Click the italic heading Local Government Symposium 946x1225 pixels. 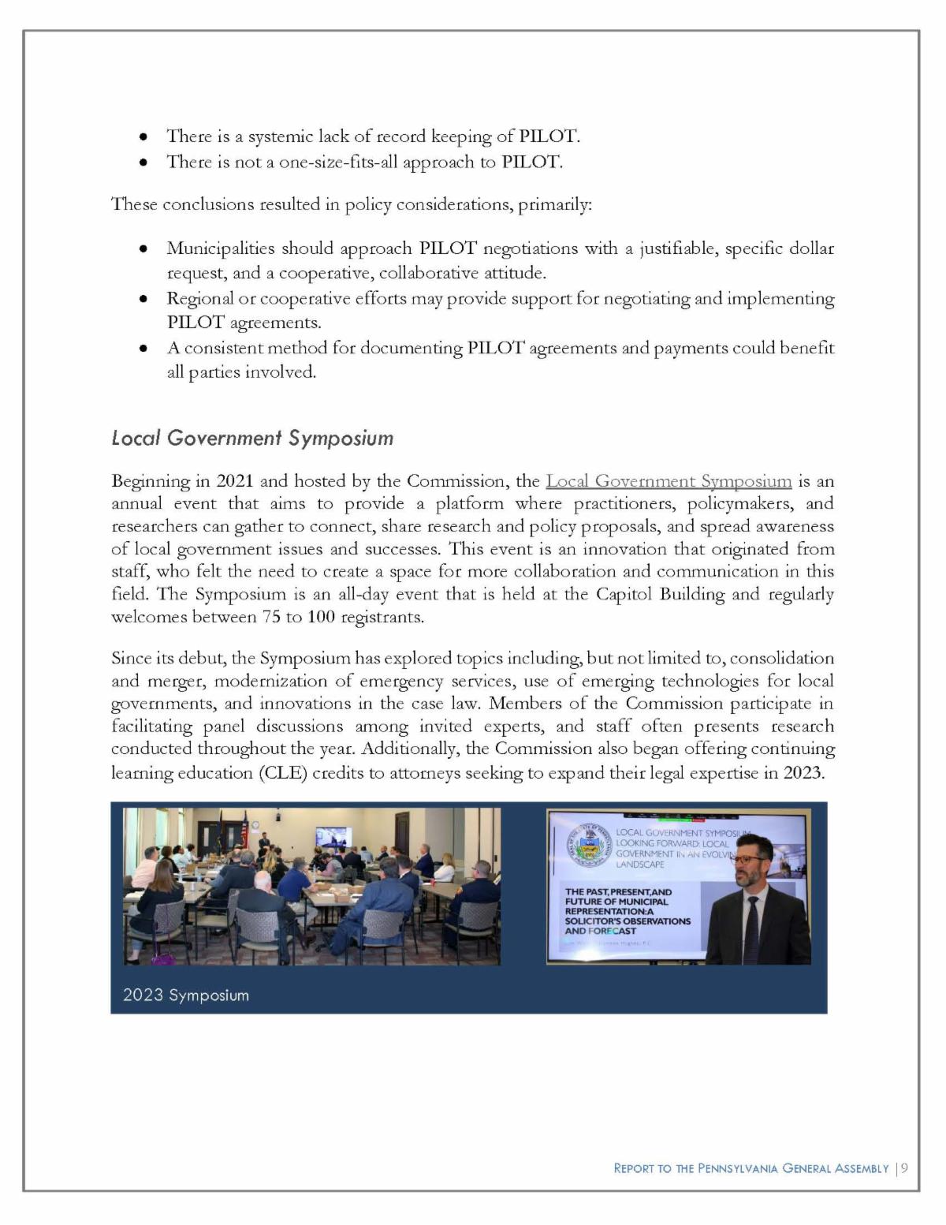(252, 438)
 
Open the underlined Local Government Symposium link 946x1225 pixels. (669, 481)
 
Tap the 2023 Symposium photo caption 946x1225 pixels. (186, 995)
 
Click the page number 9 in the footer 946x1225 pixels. (904, 1168)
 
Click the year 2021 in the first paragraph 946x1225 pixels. (234, 481)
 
